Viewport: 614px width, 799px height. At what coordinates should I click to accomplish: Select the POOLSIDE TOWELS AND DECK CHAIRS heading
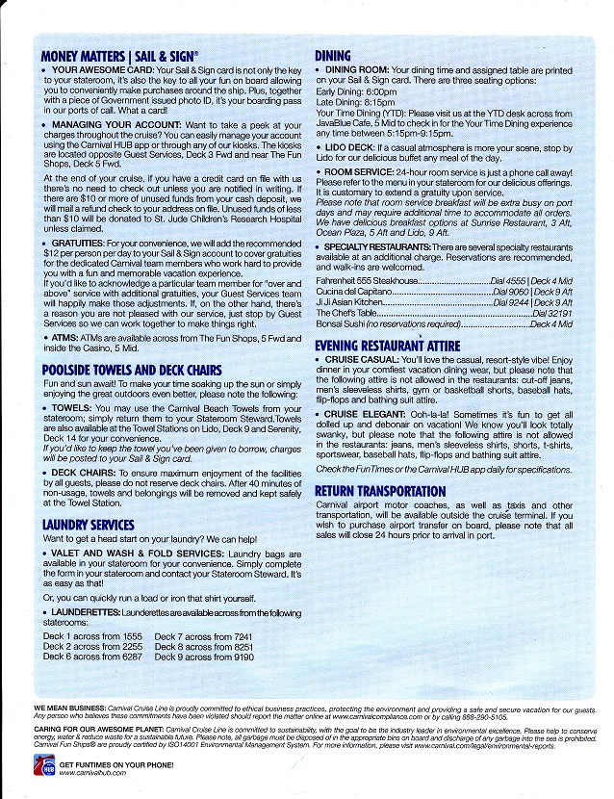click(132, 371)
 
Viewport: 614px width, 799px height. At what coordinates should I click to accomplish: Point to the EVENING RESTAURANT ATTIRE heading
click(388, 346)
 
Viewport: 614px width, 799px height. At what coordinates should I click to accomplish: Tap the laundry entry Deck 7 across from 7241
click(203, 637)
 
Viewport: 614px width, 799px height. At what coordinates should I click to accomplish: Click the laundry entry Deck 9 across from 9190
click(203, 657)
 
